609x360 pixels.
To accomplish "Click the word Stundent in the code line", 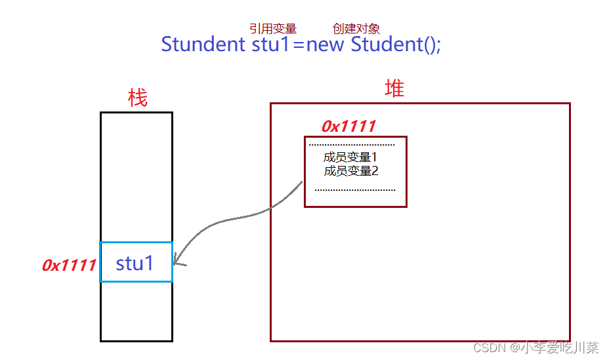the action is [x=203, y=45].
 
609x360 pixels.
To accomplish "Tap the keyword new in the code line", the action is [x=326, y=45].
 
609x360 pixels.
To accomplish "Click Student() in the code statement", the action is [x=393, y=45].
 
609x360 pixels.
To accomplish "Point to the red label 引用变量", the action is [x=273, y=29].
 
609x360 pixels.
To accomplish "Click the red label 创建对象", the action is [x=356, y=29].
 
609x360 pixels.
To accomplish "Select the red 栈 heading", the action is [x=138, y=98].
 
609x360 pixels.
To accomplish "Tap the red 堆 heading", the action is [x=394, y=89].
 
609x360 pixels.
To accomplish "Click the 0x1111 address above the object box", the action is [x=348, y=127].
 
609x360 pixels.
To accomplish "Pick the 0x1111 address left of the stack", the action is [x=69, y=265].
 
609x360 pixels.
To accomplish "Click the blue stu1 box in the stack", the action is [x=136, y=262].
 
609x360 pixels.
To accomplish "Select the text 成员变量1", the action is [x=350, y=157].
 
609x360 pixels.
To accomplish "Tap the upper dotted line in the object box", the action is [x=352, y=144].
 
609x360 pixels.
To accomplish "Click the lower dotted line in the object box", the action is [x=355, y=190].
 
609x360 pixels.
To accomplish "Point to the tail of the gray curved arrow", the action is [x=302, y=182].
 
